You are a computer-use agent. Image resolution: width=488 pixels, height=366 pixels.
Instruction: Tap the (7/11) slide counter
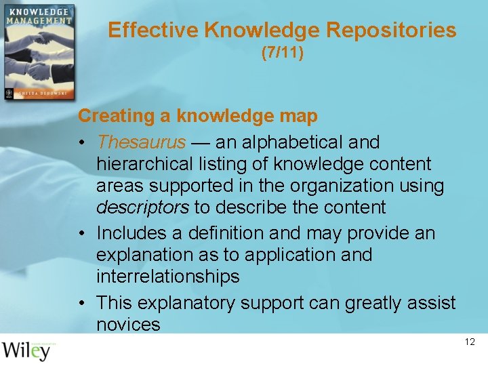(x=282, y=53)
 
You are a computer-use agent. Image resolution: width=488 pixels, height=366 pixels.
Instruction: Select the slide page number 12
(x=470, y=342)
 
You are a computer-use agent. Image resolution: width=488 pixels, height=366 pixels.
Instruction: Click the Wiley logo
(x=27, y=351)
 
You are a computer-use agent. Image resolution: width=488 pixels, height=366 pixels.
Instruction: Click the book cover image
(x=38, y=53)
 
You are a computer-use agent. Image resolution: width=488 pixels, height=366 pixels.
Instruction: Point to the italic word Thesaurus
(x=141, y=142)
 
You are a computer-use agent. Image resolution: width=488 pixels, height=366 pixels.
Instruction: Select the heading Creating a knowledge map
(x=197, y=116)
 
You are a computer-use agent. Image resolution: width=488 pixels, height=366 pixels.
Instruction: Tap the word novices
(x=128, y=324)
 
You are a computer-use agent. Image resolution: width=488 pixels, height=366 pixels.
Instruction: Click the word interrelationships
(x=167, y=277)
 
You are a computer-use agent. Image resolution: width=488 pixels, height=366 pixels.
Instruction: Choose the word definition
(x=221, y=233)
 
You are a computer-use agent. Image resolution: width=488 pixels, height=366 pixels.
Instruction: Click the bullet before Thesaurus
(x=82, y=143)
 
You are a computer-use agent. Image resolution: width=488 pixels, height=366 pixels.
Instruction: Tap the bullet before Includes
(x=82, y=234)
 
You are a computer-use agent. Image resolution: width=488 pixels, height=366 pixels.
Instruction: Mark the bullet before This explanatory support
(x=82, y=303)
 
